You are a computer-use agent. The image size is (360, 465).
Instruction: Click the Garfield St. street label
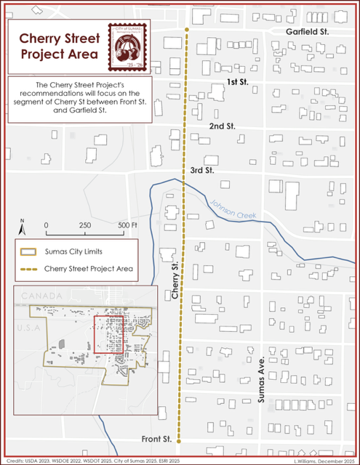308,33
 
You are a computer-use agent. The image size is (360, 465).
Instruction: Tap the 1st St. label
237,83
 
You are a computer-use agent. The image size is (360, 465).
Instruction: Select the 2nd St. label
222,126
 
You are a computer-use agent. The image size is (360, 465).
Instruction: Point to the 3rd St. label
201,170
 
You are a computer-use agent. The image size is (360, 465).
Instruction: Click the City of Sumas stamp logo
127,47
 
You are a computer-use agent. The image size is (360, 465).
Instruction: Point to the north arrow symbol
23,227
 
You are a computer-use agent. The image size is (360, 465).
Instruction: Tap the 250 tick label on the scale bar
85,225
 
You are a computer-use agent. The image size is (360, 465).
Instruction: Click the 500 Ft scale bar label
127,225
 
